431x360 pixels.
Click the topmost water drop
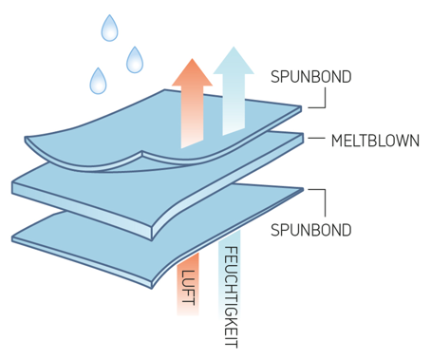click(110, 29)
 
